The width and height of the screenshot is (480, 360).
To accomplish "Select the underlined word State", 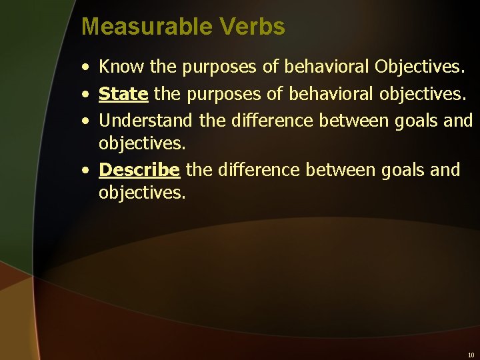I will [x=123, y=94].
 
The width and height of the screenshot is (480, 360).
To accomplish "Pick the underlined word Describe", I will [x=139, y=170].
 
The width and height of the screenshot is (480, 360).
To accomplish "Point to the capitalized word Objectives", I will [x=419, y=66].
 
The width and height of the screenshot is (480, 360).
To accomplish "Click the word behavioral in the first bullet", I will [x=327, y=66].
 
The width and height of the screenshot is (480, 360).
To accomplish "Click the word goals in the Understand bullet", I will [x=415, y=121].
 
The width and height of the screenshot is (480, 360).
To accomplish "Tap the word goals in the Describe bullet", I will [x=403, y=170].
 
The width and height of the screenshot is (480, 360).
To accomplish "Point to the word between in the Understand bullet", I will [x=353, y=121].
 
